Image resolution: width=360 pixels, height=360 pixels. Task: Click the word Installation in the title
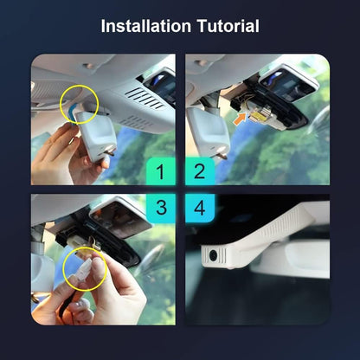[x=146, y=26]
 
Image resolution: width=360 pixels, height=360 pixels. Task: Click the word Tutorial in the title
[x=228, y=26]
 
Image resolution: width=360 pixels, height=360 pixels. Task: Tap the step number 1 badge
[x=161, y=171]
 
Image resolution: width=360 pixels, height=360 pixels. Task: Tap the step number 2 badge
[x=200, y=171]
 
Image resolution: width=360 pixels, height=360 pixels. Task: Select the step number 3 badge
[x=161, y=208]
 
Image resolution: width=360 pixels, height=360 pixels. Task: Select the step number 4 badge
[x=200, y=208]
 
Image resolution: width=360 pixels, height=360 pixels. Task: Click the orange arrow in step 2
[x=241, y=119]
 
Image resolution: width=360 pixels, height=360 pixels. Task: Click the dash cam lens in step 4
[x=213, y=255]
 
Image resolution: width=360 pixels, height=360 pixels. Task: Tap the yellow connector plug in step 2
[x=258, y=115]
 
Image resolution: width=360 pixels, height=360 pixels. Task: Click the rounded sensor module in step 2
[x=289, y=84]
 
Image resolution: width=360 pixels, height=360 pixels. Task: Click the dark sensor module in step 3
[x=120, y=216]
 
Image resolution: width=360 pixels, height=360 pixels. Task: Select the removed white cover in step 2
[x=209, y=132]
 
